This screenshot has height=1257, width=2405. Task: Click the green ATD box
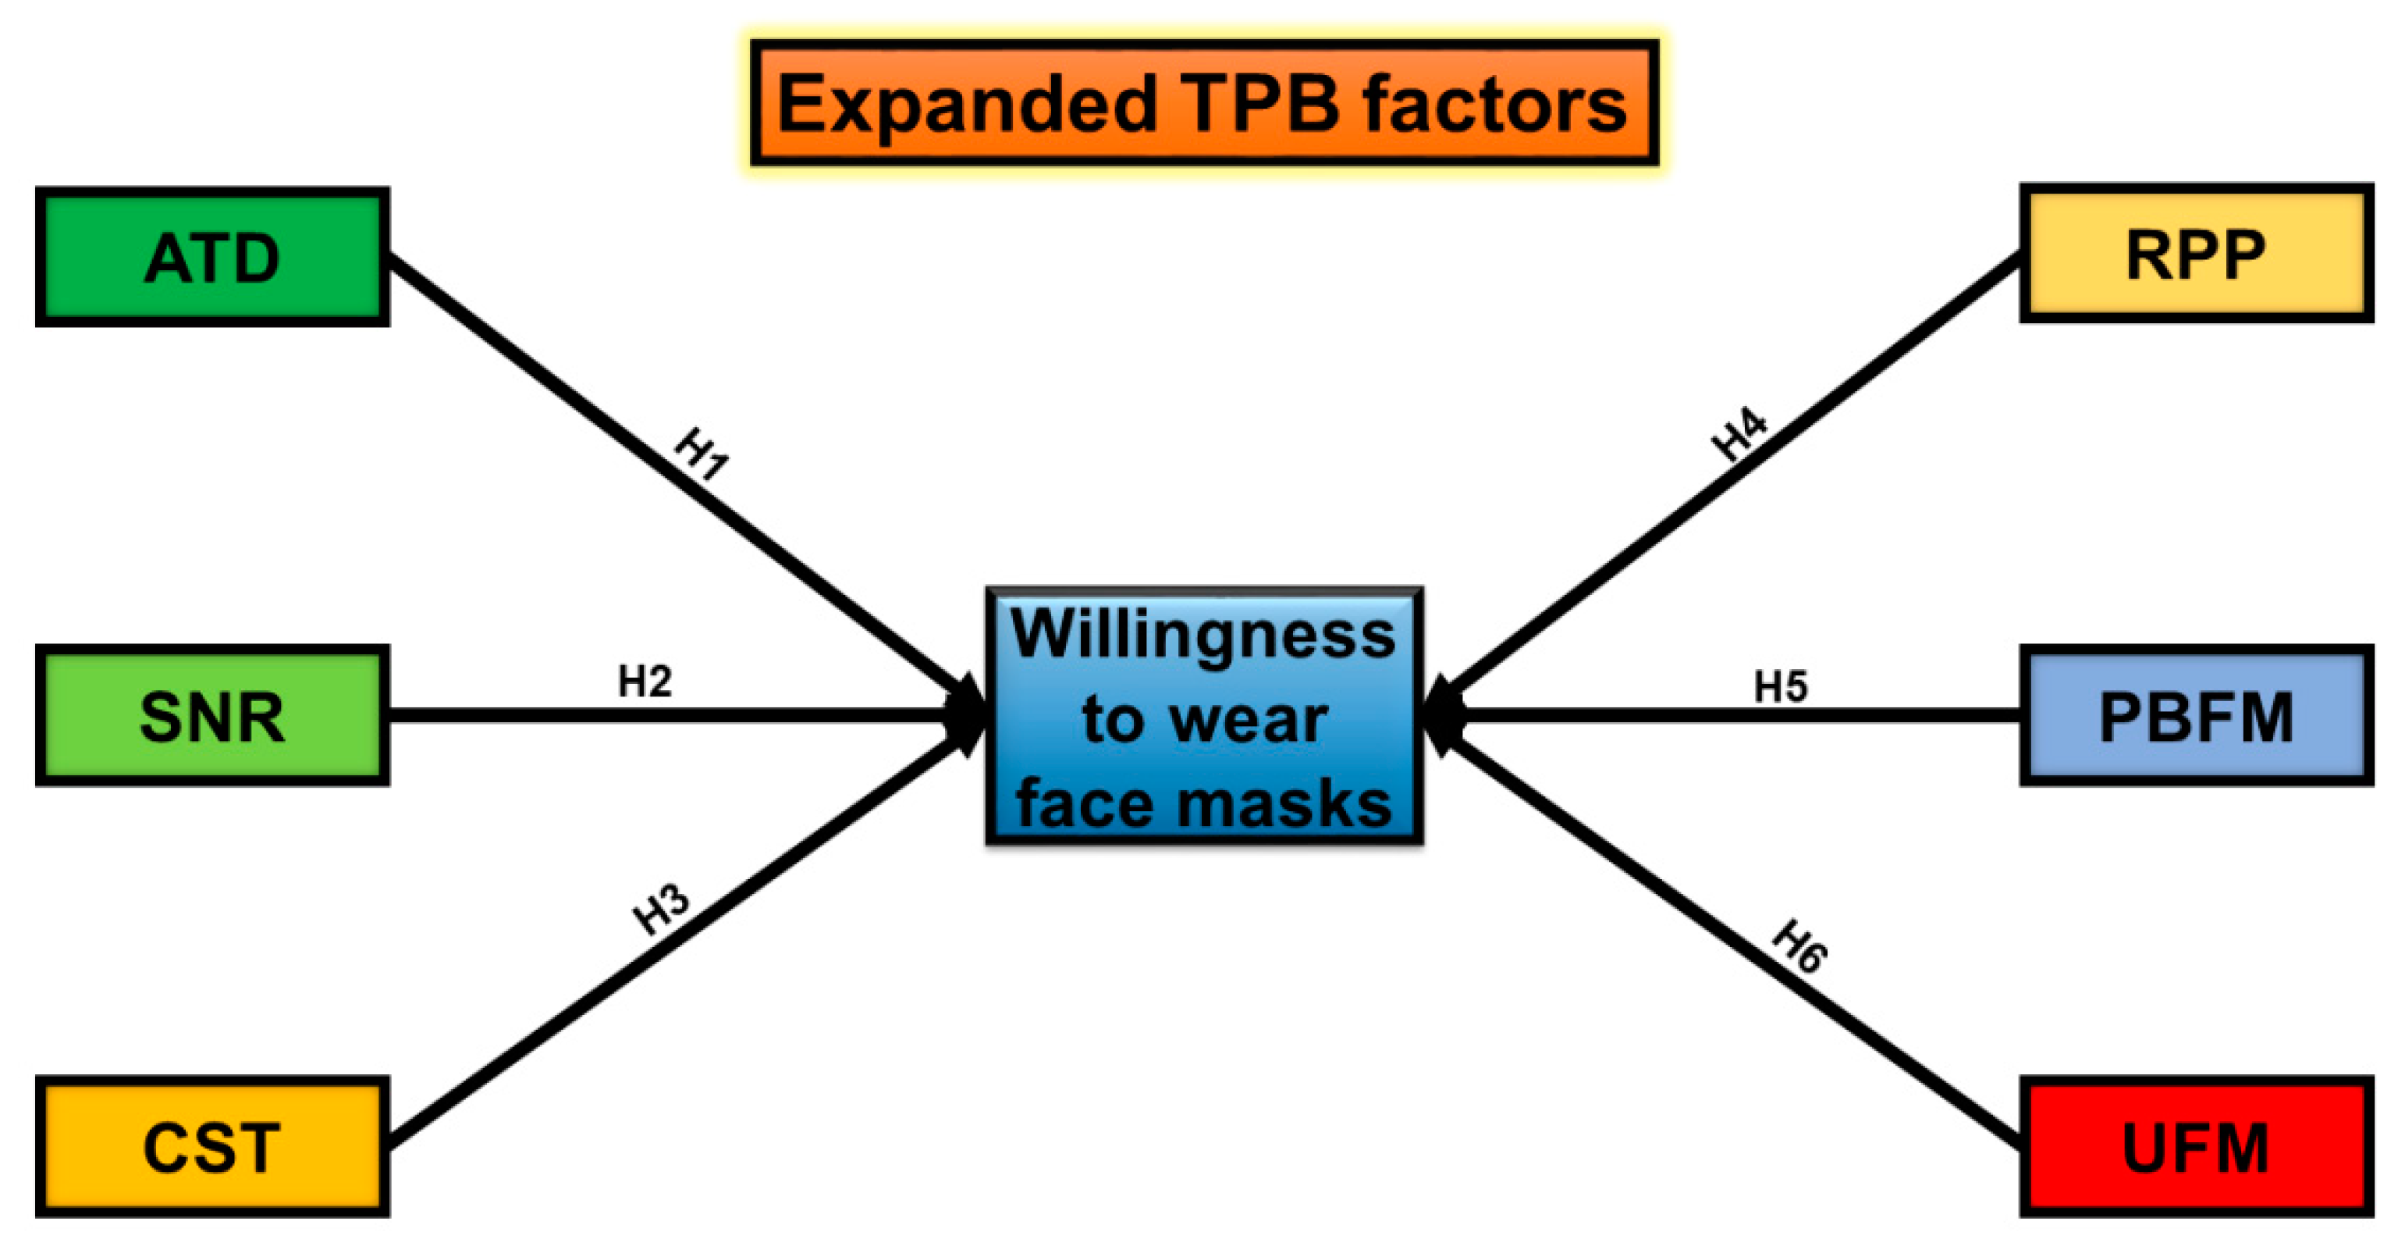click(212, 257)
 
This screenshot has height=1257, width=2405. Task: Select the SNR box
click(212, 715)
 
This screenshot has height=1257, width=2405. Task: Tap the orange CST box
click(212, 1147)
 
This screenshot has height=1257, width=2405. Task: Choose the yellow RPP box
click(2196, 253)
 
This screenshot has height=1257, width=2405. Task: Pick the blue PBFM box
click(2196, 715)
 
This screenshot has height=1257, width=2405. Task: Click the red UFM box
click(2196, 1147)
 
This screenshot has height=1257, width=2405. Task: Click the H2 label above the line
click(645, 682)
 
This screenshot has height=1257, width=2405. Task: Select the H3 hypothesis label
click(662, 909)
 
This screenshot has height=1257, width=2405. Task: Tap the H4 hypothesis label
click(1739, 434)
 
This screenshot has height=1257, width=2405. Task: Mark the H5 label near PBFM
click(1781, 687)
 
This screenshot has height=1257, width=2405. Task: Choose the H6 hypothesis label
click(1800, 947)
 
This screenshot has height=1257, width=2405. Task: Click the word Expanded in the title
click(968, 105)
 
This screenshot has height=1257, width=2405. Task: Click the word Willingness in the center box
click(1203, 635)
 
